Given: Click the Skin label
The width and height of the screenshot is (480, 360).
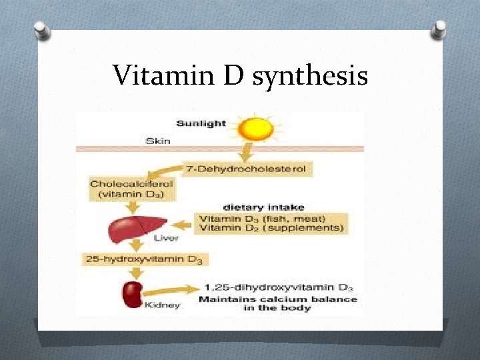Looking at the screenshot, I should click(158, 141).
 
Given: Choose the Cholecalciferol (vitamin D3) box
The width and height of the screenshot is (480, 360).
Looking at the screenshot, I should click(127, 189).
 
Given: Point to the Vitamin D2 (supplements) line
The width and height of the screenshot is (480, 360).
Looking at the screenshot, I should click(271, 228).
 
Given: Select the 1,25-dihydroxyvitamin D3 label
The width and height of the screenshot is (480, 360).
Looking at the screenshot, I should click(277, 288).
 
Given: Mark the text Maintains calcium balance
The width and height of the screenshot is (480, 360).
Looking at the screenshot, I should click(278, 299).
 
